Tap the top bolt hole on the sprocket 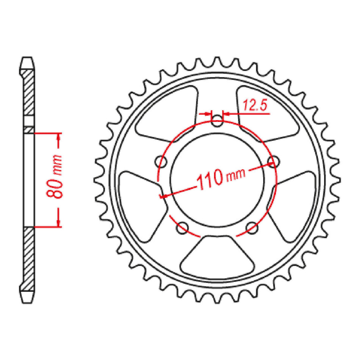[x=217, y=122]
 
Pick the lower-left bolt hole [x=183, y=227]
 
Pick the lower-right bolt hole [x=251, y=227]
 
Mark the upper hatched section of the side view [x=29, y=95]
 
